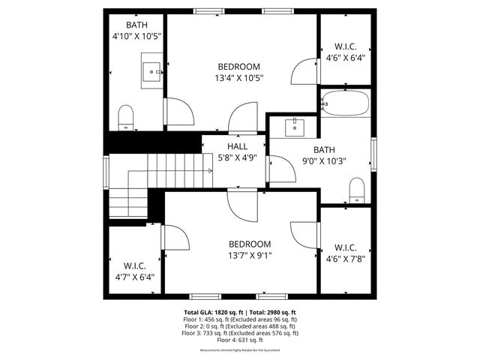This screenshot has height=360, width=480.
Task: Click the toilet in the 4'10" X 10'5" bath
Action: (126, 117)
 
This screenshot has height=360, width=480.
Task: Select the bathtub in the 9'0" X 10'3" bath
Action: (345, 103)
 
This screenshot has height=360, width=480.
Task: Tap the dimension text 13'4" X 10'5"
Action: (239, 77)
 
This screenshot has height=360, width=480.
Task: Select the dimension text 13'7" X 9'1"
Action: (250, 255)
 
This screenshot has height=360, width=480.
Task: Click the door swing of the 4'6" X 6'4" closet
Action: (306, 72)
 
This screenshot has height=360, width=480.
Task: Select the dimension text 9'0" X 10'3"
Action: (323, 160)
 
